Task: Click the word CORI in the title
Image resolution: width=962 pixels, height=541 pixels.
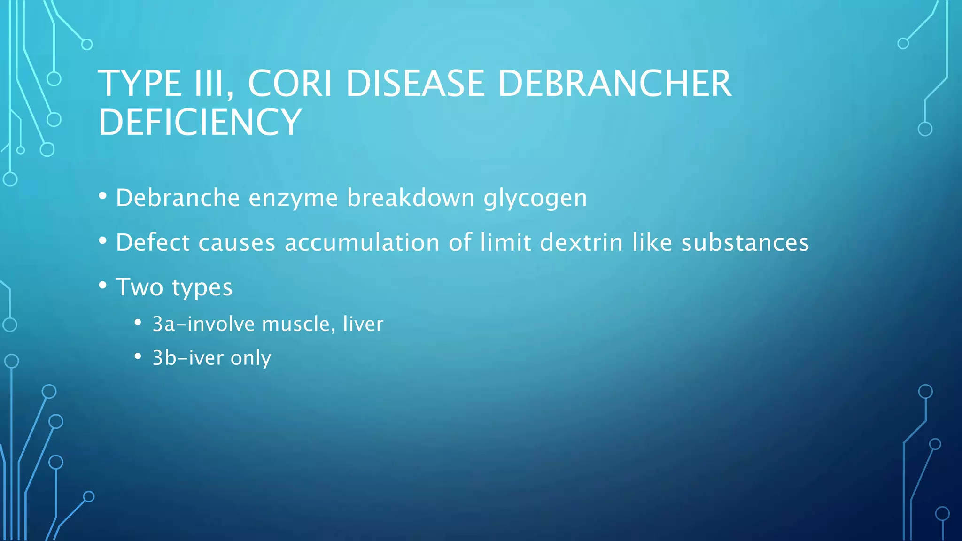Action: click(289, 84)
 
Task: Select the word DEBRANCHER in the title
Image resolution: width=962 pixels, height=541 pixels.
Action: click(614, 84)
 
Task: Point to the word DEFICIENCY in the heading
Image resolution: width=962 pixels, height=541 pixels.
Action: click(200, 122)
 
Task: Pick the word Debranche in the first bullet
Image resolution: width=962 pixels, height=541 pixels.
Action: click(178, 198)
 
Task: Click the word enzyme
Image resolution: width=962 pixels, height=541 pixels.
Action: click(293, 198)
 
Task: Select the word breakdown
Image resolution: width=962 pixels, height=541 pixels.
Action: click(411, 198)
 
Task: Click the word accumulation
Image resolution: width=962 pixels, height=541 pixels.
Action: click(362, 243)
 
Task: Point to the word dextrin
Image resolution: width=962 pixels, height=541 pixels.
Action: click(581, 243)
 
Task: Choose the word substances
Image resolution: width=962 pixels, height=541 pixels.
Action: click(745, 243)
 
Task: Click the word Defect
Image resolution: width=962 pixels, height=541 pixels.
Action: click(153, 243)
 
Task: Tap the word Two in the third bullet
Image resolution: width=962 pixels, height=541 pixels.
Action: click(139, 287)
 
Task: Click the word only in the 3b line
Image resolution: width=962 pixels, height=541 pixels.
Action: click(251, 358)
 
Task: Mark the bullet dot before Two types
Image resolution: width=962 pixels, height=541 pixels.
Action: click(103, 285)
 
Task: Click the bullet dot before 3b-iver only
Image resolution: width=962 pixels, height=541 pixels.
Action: click(138, 356)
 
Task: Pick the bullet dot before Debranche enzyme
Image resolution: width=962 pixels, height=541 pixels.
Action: click(103, 196)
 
